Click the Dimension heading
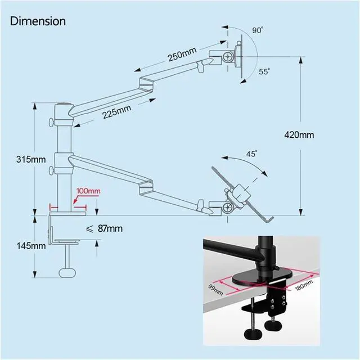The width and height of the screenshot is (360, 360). [x=38, y=21]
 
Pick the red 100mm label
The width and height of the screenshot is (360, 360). [x=88, y=191]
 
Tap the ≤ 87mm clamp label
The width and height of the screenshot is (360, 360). [x=103, y=228]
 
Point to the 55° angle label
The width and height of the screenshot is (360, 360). [x=264, y=71]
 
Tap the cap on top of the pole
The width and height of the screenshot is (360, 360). [x=62, y=105]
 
